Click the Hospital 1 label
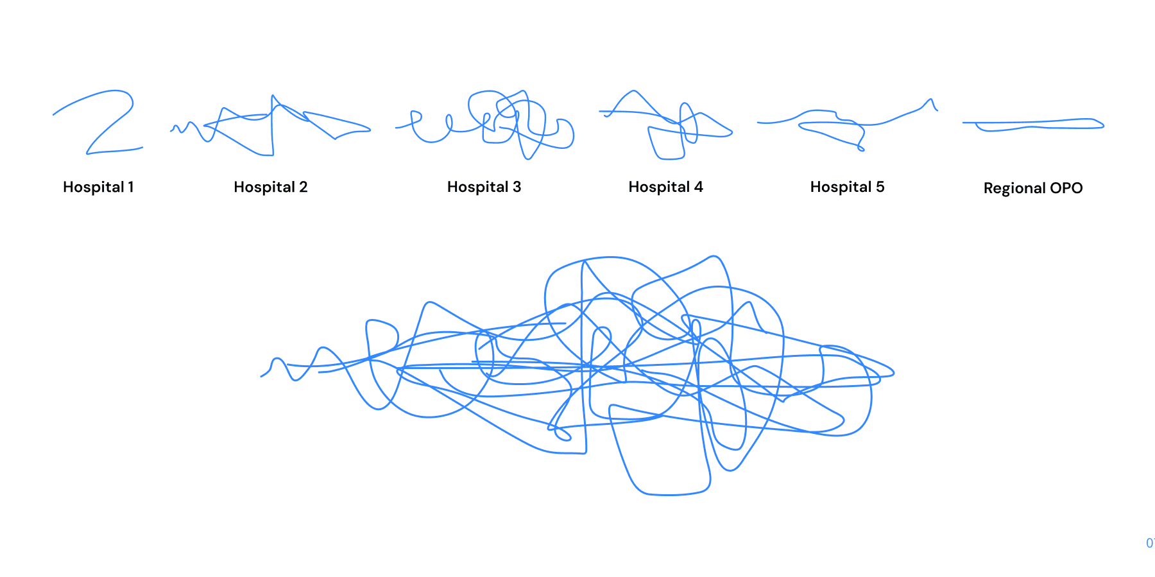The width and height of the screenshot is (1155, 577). [98, 187]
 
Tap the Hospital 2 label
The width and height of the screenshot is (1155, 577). [270, 187]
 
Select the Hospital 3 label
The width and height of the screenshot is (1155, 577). [484, 187]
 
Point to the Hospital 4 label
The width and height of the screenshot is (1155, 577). [665, 187]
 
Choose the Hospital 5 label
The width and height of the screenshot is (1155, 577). [847, 187]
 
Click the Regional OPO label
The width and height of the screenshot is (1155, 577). [1032, 188]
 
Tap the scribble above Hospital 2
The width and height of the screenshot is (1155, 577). [272, 126]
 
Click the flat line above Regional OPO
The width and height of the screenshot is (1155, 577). [1033, 123]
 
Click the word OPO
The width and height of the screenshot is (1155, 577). [1066, 188]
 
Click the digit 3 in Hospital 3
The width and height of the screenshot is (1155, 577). [517, 187]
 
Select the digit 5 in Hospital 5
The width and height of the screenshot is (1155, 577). [880, 187]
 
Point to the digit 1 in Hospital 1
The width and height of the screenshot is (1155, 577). [131, 187]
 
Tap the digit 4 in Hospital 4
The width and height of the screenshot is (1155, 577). [698, 187]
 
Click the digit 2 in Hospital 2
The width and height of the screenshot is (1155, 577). [303, 187]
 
